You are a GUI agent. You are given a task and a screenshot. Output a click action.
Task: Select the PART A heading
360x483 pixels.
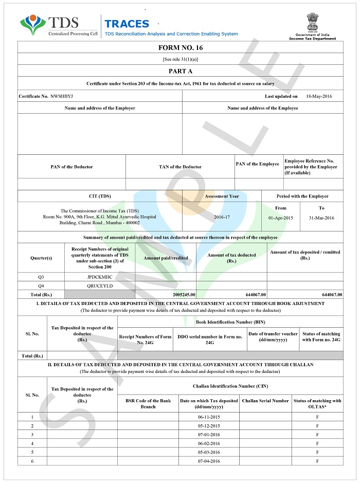coord(180,71)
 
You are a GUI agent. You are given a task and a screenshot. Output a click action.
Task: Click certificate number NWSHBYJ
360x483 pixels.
coord(62,96)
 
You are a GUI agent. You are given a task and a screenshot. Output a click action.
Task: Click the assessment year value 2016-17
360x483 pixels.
coord(222,217)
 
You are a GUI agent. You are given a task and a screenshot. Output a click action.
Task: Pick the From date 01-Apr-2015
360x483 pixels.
coord(281,218)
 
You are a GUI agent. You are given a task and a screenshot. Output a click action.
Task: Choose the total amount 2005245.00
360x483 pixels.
coord(180,294)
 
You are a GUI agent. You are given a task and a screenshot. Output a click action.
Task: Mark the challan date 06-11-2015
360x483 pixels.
coord(209,417)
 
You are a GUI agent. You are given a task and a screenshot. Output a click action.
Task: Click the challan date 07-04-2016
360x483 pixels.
coord(209,461)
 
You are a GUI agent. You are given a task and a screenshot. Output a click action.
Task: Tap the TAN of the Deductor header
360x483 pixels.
coord(180,167)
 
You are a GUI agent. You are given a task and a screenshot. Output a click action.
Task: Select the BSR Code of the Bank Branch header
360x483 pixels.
coord(148,404)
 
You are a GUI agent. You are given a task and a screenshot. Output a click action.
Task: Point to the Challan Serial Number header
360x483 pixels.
coord(265,401)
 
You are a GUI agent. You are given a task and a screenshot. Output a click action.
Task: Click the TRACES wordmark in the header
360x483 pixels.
coord(127,24)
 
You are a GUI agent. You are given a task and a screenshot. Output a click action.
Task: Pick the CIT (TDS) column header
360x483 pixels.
coord(100,196)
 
